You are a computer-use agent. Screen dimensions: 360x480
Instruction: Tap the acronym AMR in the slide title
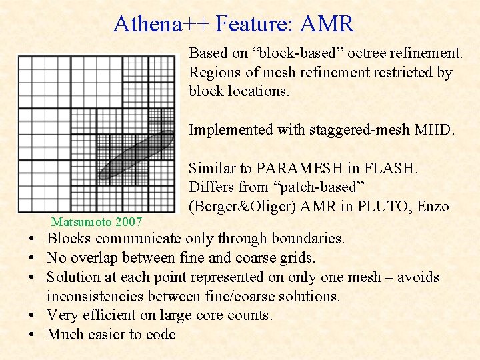tap(327, 24)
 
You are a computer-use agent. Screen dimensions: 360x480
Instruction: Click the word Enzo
tap(433, 207)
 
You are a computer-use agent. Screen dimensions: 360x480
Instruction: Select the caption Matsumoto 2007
tap(96, 221)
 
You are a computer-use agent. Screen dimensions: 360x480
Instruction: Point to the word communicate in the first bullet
tap(139, 238)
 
